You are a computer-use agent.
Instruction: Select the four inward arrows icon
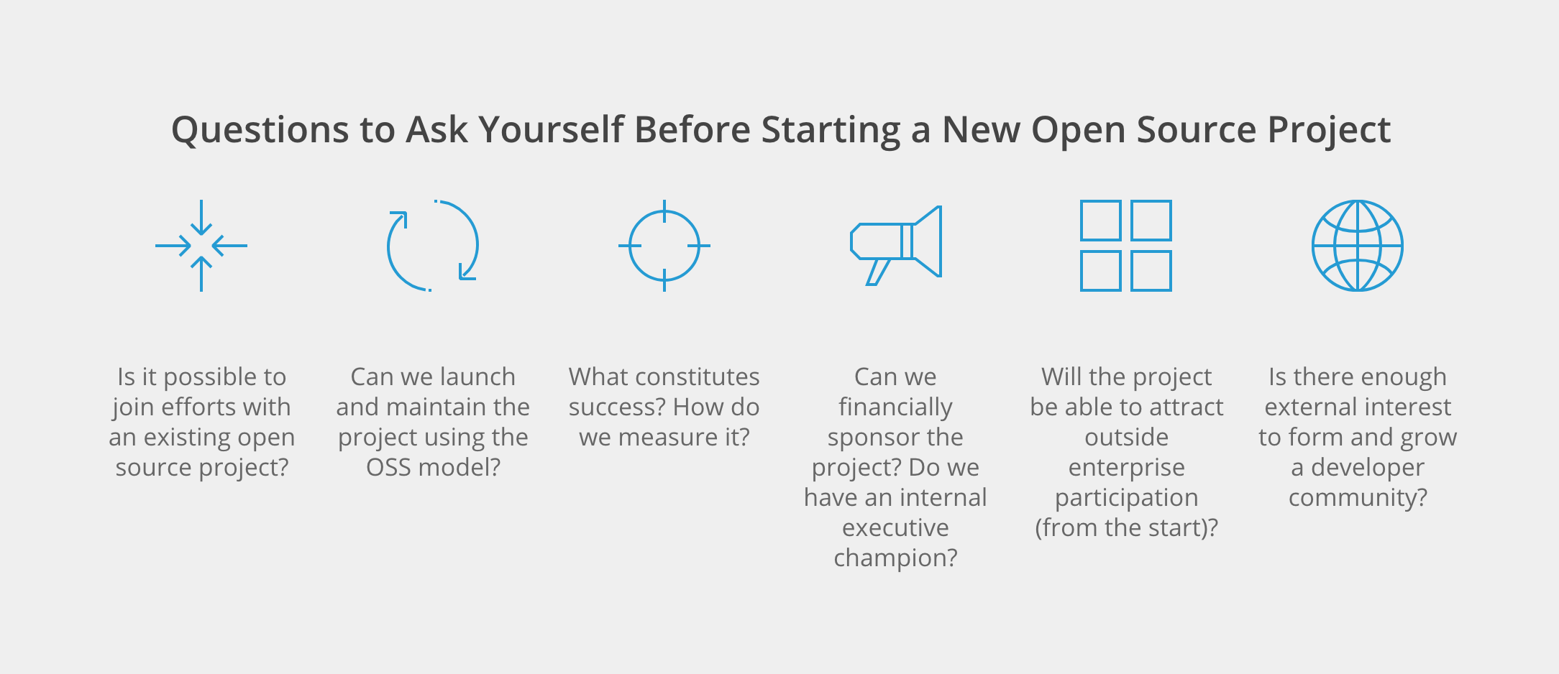[x=201, y=246]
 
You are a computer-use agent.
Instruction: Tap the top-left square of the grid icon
[x=1100, y=221]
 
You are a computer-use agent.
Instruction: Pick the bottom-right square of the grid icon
[x=1151, y=271]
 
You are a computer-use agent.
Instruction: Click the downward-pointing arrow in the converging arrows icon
[x=201, y=217]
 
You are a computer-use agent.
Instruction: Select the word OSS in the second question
[x=388, y=468]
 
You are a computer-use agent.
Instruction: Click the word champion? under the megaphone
[x=895, y=558]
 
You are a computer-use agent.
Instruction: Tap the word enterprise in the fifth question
[x=1126, y=468]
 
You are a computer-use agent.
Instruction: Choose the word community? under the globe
[x=1358, y=498]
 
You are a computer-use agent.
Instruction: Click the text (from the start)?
[x=1126, y=528]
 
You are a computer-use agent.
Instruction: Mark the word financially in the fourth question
[x=895, y=407]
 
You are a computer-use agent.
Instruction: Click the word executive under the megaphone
[x=895, y=528]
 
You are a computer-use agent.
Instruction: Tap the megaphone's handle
[x=877, y=272]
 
